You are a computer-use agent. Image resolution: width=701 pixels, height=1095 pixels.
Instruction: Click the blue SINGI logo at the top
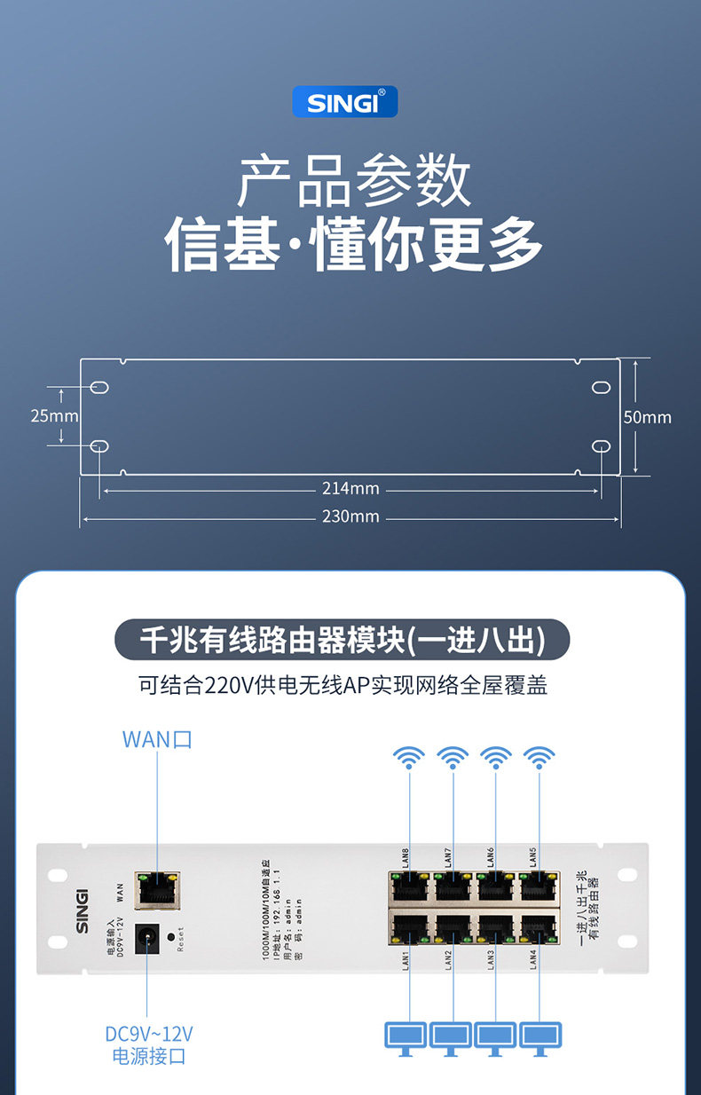[345, 102]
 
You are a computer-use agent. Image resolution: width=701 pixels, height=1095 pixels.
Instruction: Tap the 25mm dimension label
[54, 415]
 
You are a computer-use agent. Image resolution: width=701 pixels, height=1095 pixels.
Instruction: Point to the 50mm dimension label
[647, 416]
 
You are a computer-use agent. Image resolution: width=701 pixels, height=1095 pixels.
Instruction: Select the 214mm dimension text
[350, 488]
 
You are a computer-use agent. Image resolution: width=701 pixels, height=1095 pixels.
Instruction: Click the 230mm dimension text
[350, 516]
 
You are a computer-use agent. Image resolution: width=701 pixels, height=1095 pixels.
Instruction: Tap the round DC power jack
[147, 936]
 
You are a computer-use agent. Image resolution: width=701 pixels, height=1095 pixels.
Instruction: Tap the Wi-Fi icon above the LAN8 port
[409, 759]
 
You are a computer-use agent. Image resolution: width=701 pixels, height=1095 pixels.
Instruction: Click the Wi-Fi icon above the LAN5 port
[539, 759]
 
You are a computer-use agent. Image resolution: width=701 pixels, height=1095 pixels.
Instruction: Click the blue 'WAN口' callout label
[157, 739]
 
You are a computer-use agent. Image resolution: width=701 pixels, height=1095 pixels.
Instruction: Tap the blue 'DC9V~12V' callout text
[148, 1034]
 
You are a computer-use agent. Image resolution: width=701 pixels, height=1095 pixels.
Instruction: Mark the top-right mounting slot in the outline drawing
[602, 388]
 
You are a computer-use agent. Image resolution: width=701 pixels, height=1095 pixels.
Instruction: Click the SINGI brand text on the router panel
[82, 910]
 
